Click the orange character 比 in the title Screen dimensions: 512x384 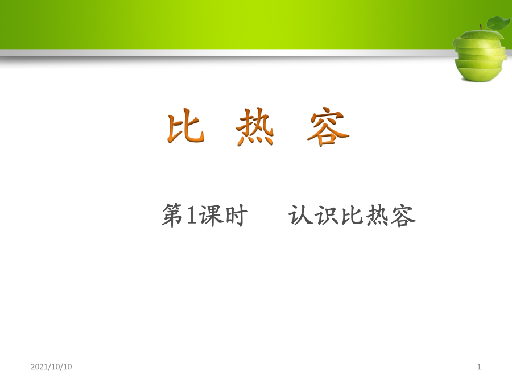(x=186, y=126)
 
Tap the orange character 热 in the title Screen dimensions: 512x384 (x=255, y=126)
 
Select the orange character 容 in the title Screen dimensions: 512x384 (x=328, y=126)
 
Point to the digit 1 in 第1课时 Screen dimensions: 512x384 (x=191, y=215)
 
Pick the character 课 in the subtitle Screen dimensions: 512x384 (x=210, y=215)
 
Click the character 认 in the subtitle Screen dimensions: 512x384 (x=299, y=215)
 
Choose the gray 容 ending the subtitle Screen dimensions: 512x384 (x=403, y=216)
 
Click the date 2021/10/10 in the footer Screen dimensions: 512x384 (x=51, y=367)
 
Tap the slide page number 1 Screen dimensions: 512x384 (x=479, y=367)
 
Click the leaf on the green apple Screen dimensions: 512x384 (x=498, y=23)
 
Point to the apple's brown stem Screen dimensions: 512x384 (x=481, y=27)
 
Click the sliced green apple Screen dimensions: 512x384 (x=480, y=52)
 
